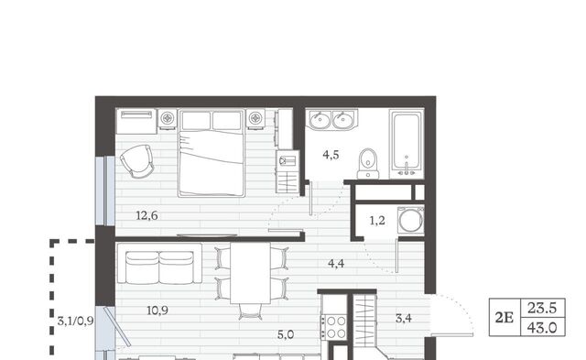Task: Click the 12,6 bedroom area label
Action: pos(146,215)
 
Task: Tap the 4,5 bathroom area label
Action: pos(331,155)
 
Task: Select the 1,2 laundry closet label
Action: pos(377,221)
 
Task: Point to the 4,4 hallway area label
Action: pos(336,264)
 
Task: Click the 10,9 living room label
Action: pos(157,311)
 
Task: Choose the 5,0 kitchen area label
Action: pos(286,335)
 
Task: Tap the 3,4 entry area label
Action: pos(404,319)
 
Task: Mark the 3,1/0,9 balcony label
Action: pos(75,322)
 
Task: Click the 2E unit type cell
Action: pos(505,317)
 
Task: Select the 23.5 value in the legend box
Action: pos(542,309)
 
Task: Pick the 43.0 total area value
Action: pos(542,328)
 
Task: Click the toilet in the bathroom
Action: pos(368,164)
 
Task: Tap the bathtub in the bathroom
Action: pos(407,144)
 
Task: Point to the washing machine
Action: pos(411,220)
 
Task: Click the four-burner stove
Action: pos(336,327)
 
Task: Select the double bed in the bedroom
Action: pos(212,153)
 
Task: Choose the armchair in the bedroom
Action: pos(137,161)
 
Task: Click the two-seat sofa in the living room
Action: pos(159,264)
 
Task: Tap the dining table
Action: pos(250,273)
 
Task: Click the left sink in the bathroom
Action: pos(320,120)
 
